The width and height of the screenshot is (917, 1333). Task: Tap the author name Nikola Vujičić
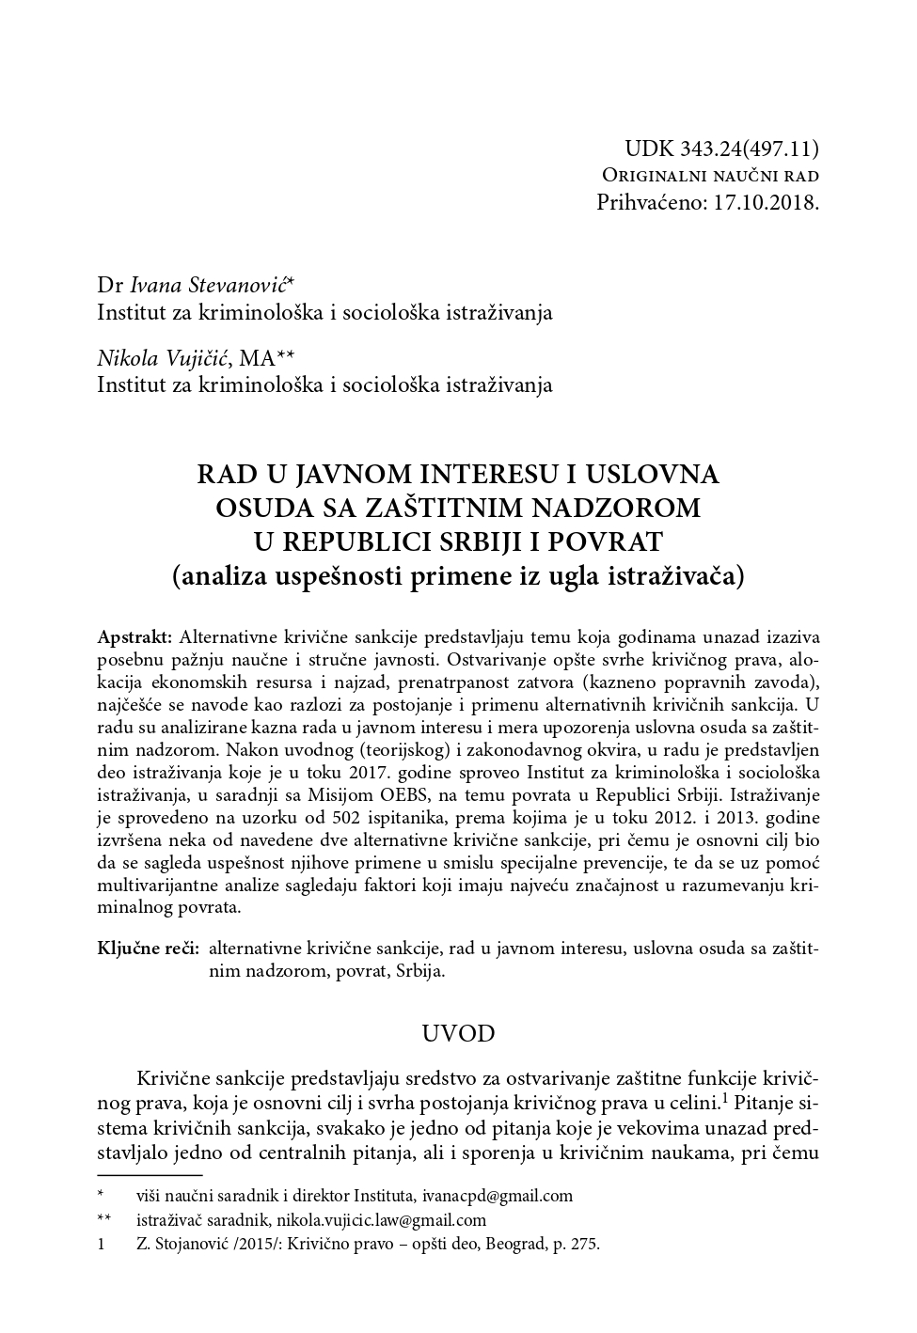click(165, 357)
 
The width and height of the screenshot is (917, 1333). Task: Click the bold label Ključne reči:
click(148, 949)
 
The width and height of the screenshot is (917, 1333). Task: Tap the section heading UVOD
click(458, 1033)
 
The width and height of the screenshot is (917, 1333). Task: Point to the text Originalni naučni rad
click(710, 175)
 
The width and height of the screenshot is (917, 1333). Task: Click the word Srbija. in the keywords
click(421, 971)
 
